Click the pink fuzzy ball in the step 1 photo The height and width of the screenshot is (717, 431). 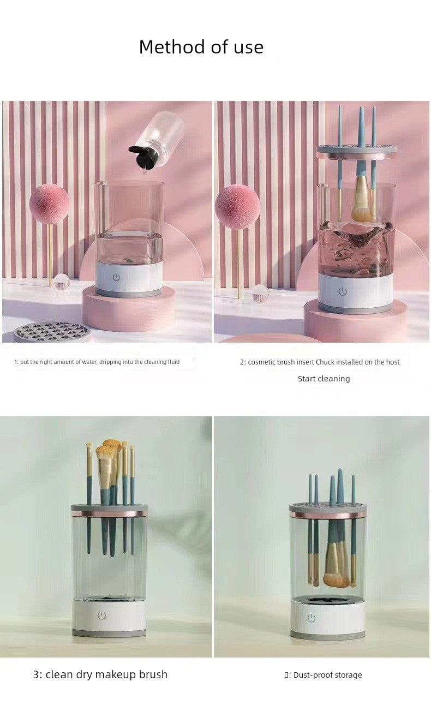pyautogui.click(x=49, y=203)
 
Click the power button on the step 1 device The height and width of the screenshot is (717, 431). pyautogui.click(x=116, y=277)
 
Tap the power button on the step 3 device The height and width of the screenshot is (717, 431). pyautogui.click(x=101, y=615)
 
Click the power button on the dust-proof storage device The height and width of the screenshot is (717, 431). pyautogui.click(x=312, y=618)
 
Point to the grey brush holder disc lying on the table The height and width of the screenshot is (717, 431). pyautogui.click(x=51, y=332)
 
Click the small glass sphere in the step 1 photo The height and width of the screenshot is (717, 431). pyautogui.click(x=62, y=281)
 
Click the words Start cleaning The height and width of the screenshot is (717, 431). pyautogui.click(x=324, y=379)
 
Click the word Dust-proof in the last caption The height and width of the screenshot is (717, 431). pyautogui.click(x=308, y=675)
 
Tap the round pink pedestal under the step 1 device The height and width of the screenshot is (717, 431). pyautogui.click(x=129, y=308)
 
